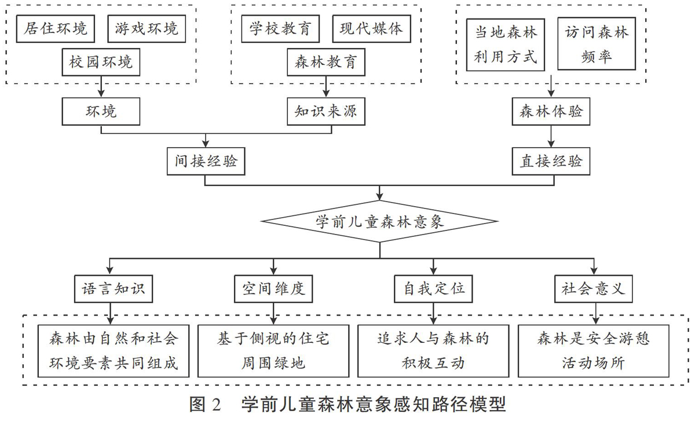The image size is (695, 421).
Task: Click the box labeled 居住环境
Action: [56, 28]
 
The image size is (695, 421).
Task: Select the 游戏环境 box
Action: [147, 28]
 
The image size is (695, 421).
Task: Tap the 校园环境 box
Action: [101, 62]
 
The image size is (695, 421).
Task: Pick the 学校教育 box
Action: [280, 28]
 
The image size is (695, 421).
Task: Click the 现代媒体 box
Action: [372, 28]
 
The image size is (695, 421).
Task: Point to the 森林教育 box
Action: [326, 62]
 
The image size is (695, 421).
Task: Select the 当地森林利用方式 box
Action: [506, 45]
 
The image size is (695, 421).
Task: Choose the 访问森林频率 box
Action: [597, 43]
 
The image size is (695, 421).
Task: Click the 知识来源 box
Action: [326, 111]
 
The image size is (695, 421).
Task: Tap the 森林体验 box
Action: [551, 111]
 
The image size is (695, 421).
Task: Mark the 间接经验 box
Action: [206, 161]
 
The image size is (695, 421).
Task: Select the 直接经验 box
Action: [551, 161]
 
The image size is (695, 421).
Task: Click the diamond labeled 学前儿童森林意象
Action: [380, 221]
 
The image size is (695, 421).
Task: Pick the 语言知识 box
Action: [114, 289]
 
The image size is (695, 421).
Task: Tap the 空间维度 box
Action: [273, 289]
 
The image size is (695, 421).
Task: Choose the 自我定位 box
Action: [433, 289]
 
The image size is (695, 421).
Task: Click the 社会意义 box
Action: [594, 289]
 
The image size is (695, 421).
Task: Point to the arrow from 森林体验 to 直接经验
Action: [551, 136]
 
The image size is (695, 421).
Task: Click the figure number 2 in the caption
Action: [216, 405]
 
